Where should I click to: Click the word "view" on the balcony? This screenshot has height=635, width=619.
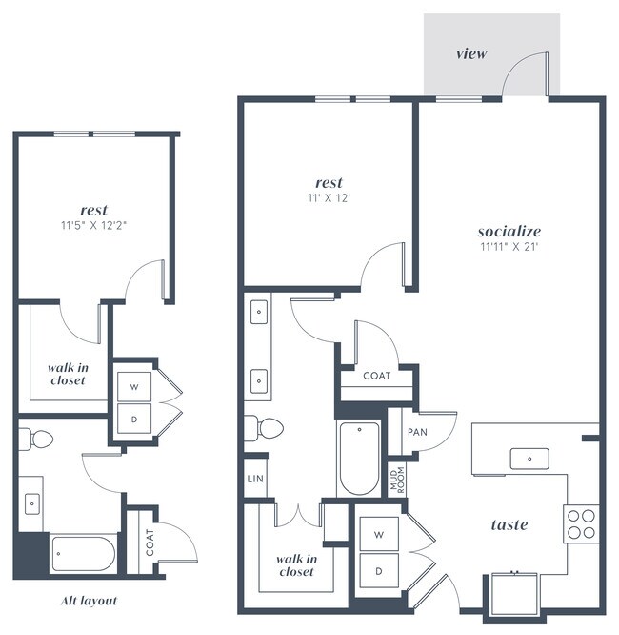click(470, 53)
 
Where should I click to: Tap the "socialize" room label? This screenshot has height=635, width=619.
click(509, 231)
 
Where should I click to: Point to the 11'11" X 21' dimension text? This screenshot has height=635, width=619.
click(509, 246)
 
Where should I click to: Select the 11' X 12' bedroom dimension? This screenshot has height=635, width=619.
click(329, 198)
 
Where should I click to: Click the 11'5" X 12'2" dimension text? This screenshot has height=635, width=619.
click(93, 226)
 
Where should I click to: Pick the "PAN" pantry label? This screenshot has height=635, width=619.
click(416, 432)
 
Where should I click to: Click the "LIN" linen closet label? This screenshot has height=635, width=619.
click(254, 479)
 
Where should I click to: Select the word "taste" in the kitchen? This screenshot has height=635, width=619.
click(509, 524)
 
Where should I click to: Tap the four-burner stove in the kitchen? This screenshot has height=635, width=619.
click(581, 522)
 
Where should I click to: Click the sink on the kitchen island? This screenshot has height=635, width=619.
click(527, 459)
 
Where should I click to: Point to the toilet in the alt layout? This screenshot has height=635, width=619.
click(37, 439)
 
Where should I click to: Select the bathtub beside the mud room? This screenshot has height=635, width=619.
click(359, 458)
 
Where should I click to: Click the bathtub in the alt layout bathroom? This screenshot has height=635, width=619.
click(83, 553)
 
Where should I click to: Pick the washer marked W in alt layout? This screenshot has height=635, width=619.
click(134, 386)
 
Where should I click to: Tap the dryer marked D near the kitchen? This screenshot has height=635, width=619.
click(378, 572)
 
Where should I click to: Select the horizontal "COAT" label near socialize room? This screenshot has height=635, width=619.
click(376, 376)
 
